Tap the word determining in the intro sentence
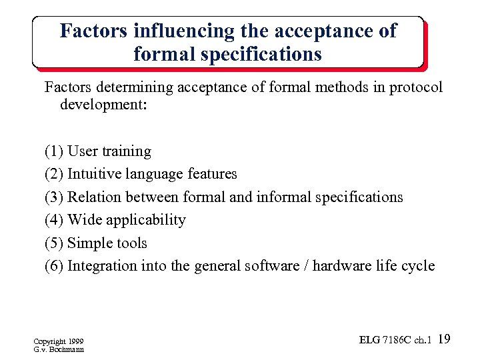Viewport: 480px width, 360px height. pyautogui.click(x=129, y=88)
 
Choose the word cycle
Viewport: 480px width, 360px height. pyautogui.click(x=417, y=266)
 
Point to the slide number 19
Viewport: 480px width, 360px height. pyautogui.click(x=445, y=340)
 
